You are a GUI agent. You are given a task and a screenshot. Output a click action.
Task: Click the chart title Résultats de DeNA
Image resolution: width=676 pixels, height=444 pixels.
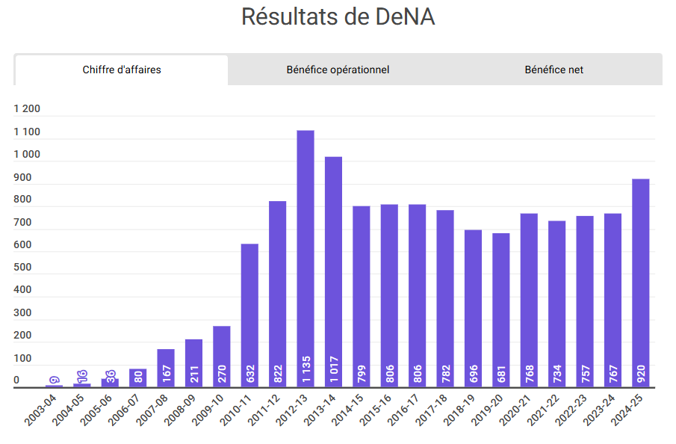[338, 16]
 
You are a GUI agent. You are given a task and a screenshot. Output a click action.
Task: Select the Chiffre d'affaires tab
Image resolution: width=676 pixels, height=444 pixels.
[122, 70]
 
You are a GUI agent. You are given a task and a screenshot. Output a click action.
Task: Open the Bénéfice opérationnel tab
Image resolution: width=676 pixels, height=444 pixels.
[338, 70]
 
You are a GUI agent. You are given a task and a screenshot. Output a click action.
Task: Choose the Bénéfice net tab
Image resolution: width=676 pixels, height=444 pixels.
[553, 70]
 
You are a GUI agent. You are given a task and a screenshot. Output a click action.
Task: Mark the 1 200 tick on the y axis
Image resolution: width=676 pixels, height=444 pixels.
[27, 108]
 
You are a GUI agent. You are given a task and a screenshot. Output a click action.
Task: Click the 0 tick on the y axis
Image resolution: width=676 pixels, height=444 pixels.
[16, 381]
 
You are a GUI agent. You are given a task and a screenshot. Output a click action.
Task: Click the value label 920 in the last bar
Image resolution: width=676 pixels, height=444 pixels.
[641, 373]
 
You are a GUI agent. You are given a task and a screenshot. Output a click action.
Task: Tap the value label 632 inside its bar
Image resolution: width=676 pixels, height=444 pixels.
[249, 373]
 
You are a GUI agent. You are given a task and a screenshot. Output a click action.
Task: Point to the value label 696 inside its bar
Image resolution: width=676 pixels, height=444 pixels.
[473, 373]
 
